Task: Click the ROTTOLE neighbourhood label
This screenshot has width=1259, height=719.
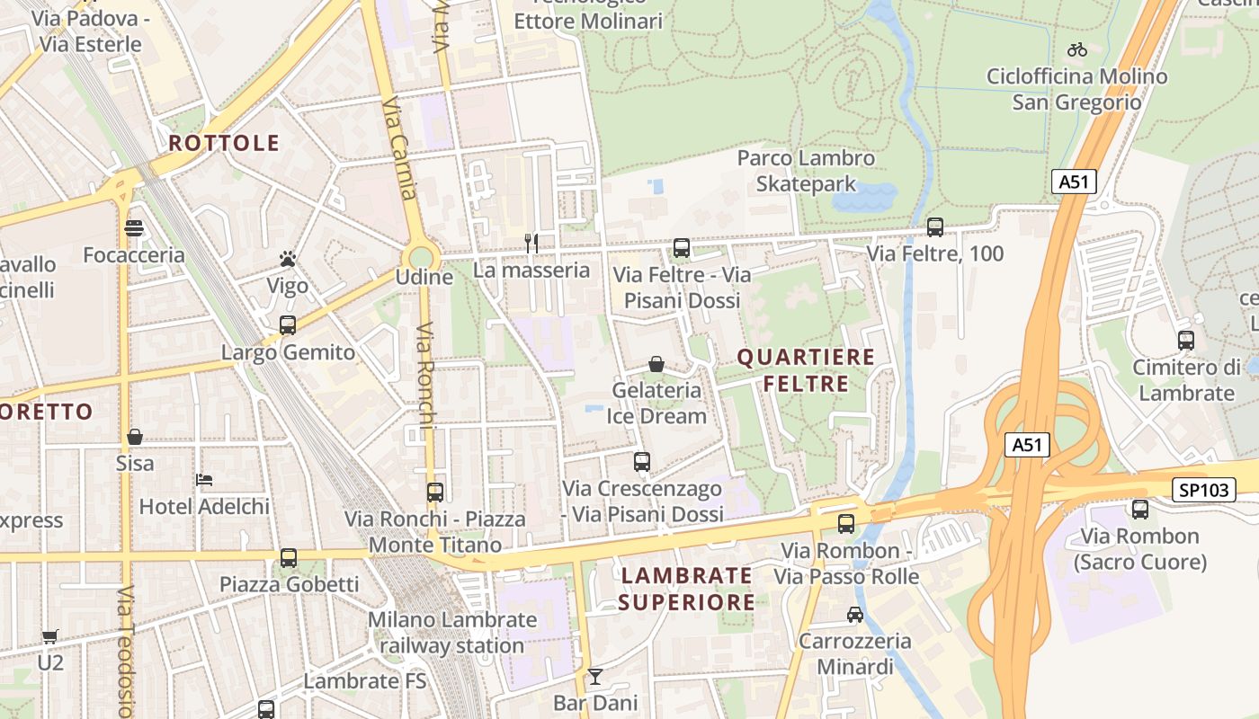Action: (224, 143)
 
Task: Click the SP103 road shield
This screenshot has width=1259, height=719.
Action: (1203, 490)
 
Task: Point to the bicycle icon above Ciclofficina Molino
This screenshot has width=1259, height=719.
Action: (1076, 49)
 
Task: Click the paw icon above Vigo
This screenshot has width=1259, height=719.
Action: (288, 260)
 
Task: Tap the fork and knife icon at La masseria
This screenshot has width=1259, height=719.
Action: (531, 243)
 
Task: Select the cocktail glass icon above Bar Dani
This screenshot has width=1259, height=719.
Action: (594, 676)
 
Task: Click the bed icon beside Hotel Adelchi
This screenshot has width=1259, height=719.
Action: (204, 480)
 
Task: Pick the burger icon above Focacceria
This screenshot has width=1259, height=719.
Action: (134, 228)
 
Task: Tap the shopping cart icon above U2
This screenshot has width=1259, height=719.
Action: (50, 636)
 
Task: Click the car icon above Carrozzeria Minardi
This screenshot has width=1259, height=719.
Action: (854, 615)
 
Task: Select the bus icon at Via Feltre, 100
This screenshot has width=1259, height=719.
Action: (934, 227)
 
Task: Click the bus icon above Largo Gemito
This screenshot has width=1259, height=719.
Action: (288, 325)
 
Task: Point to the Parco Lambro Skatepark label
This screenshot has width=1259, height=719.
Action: (806, 171)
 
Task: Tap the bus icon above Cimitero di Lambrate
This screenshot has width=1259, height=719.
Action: (1185, 341)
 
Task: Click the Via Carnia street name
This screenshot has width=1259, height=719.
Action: (398, 149)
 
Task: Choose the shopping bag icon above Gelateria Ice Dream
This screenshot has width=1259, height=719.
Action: (656, 364)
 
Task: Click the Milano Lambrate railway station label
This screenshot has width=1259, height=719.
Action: (451, 633)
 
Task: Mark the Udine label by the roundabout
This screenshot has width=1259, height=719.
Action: (424, 277)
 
